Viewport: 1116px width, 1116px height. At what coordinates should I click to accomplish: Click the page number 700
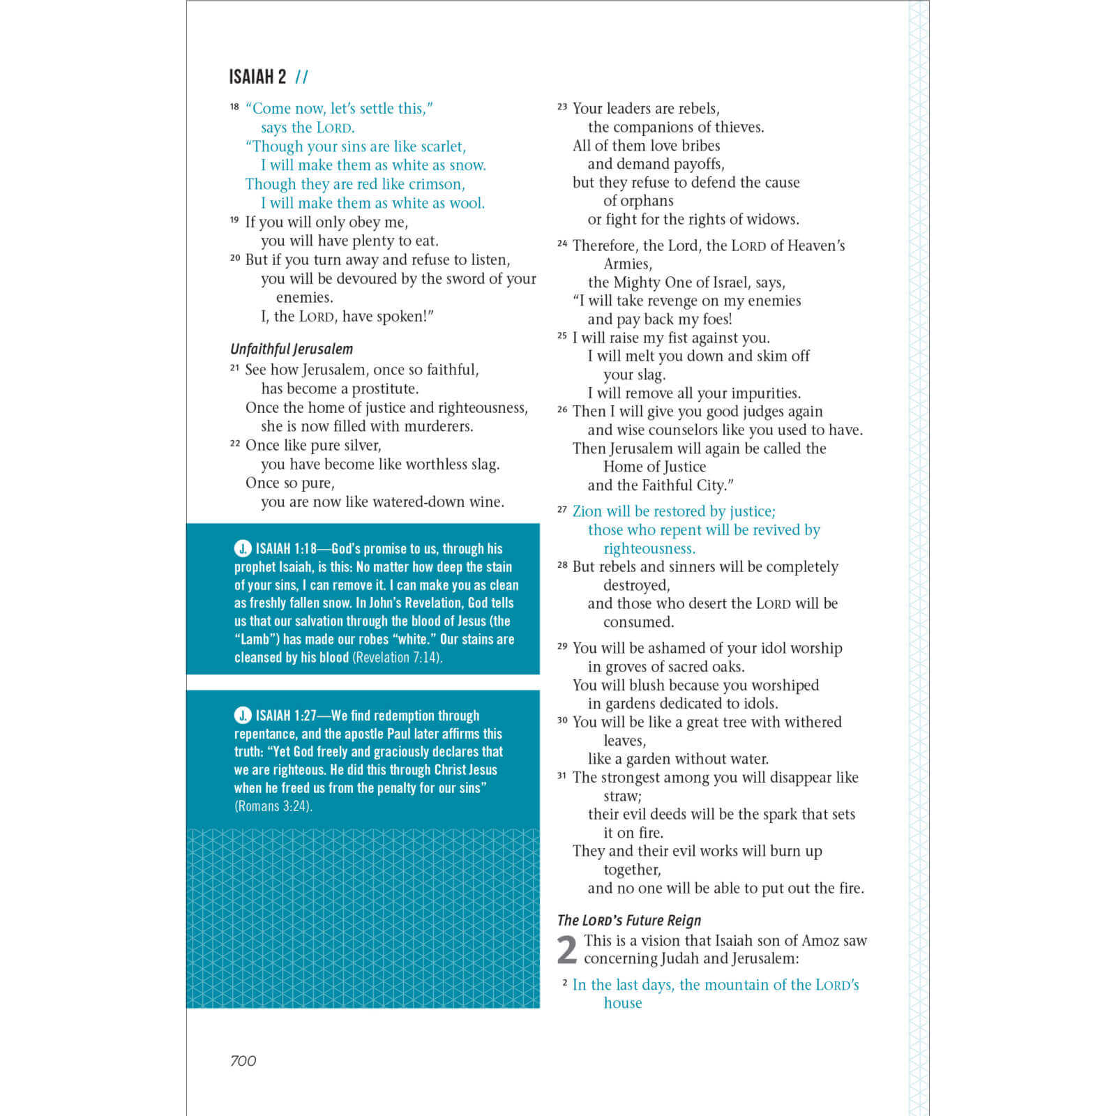pos(243,1061)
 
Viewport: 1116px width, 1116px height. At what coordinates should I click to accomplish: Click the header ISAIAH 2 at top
pos(257,77)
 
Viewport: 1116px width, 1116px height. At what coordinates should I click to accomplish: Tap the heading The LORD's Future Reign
pos(628,921)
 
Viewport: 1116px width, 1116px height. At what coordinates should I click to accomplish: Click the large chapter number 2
pos(567,950)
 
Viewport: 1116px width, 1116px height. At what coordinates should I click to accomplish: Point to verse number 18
pos(234,107)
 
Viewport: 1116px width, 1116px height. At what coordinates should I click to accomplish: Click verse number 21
pos(234,368)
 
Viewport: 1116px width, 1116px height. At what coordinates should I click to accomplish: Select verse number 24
pos(562,243)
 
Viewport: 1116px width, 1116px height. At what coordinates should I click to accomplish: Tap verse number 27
pos(562,510)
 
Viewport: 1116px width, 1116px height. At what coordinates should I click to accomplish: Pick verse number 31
pos(562,776)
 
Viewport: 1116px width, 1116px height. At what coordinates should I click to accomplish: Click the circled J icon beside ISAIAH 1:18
pos(242,548)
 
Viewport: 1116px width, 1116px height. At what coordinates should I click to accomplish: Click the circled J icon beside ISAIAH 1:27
pos(242,715)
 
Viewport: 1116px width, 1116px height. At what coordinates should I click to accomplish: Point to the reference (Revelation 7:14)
pos(397,658)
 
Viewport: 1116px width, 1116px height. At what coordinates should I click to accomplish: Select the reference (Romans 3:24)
pos(273,806)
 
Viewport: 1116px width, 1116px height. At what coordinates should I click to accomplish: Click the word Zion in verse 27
pos(587,511)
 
